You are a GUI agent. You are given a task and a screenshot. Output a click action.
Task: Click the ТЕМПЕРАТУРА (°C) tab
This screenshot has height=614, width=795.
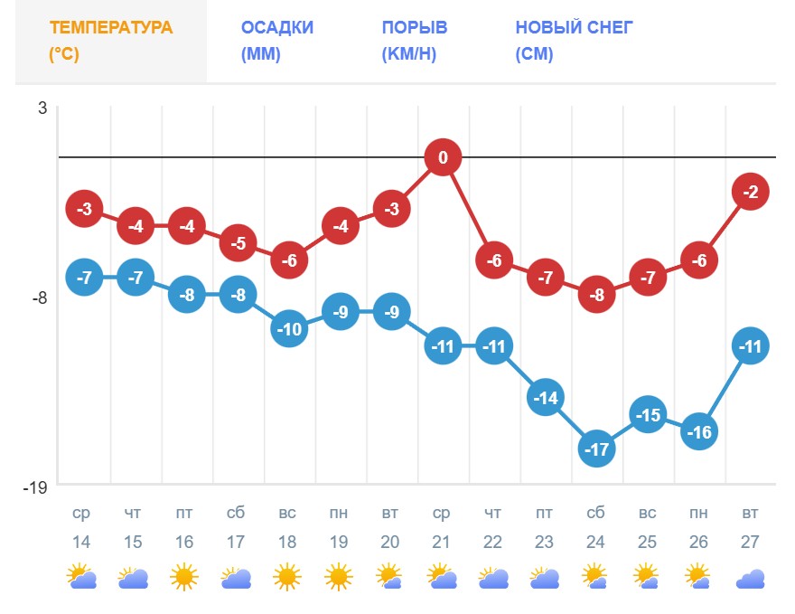[x=111, y=41]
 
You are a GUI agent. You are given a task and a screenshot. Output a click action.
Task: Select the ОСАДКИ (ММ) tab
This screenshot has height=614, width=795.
[x=277, y=41]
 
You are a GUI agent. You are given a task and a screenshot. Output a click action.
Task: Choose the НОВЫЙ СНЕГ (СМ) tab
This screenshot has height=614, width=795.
[x=574, y=41]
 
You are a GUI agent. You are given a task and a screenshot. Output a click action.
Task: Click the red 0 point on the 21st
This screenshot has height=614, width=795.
[x=443, y=158]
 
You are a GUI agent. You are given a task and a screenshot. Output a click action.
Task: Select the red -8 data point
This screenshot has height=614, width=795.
[x=596, y=295]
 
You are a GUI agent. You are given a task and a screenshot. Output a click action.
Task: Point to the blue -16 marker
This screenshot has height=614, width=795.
[x=699, y=432]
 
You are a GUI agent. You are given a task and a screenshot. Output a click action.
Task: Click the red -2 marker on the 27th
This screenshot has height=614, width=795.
[x=751, y=192]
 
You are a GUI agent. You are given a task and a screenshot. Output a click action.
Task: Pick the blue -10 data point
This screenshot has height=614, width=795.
[x=288, y=329]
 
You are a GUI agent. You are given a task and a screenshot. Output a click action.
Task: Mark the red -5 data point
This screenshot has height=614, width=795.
[x=238, y=243]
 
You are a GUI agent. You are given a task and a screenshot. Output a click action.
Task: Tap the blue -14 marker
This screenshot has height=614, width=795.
[x=545, y=398]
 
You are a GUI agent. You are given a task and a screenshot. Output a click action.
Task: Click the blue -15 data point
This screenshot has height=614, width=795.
[x=648, y=415]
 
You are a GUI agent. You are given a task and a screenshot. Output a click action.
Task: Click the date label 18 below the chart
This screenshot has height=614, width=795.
[x=286, y=542]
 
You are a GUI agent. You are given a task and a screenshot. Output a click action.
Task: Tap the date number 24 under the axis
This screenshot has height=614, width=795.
[x=596, y=542]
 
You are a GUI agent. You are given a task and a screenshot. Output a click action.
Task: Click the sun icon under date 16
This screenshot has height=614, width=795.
[x=184, y=576]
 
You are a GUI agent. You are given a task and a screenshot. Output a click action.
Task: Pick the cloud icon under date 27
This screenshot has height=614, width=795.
[x=751, y=579]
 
